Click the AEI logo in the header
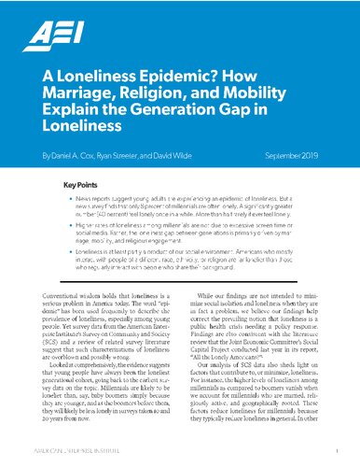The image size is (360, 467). (x=50, y=36)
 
